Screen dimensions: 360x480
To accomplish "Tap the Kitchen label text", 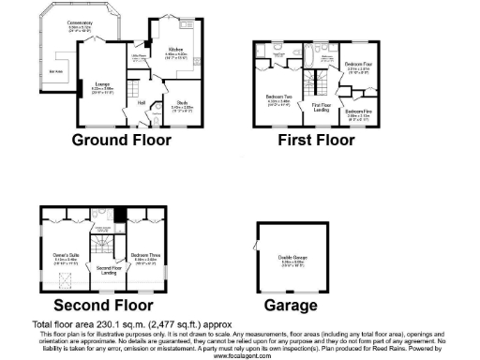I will (x=175, y=49).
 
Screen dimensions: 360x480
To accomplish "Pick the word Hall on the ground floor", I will (x=142, y=103).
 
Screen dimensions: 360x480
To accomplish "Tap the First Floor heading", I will (x=316, y=141).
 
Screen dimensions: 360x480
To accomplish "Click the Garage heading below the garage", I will (x=290, y=306).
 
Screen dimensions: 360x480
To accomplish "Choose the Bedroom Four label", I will (x=360, y=65).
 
